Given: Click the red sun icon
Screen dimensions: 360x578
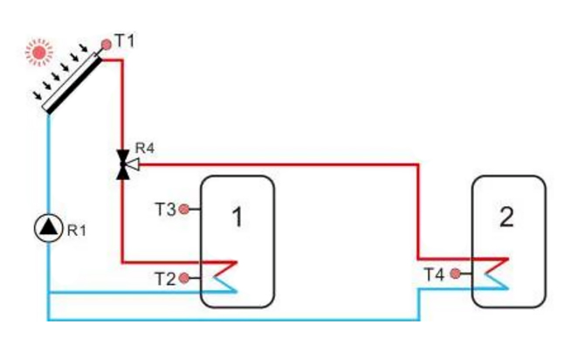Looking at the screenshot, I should tap(38, 52).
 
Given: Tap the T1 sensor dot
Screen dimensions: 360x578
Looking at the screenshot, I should tap(106, 42).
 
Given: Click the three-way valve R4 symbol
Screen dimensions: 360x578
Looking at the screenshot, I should tap(123, 163).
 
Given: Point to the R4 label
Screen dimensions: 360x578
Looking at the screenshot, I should tap(144, 148).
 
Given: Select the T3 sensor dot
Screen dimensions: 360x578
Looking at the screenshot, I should tap(184, 209).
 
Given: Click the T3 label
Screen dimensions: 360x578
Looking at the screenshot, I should tap(165, 209).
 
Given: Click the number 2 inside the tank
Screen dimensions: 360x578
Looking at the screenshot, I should tap(507, 218).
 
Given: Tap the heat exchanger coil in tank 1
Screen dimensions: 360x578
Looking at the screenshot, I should tap(224, 273).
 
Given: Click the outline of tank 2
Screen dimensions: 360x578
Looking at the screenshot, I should tap(547, 241).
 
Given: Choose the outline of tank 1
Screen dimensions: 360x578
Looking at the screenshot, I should tap(274, 241).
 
